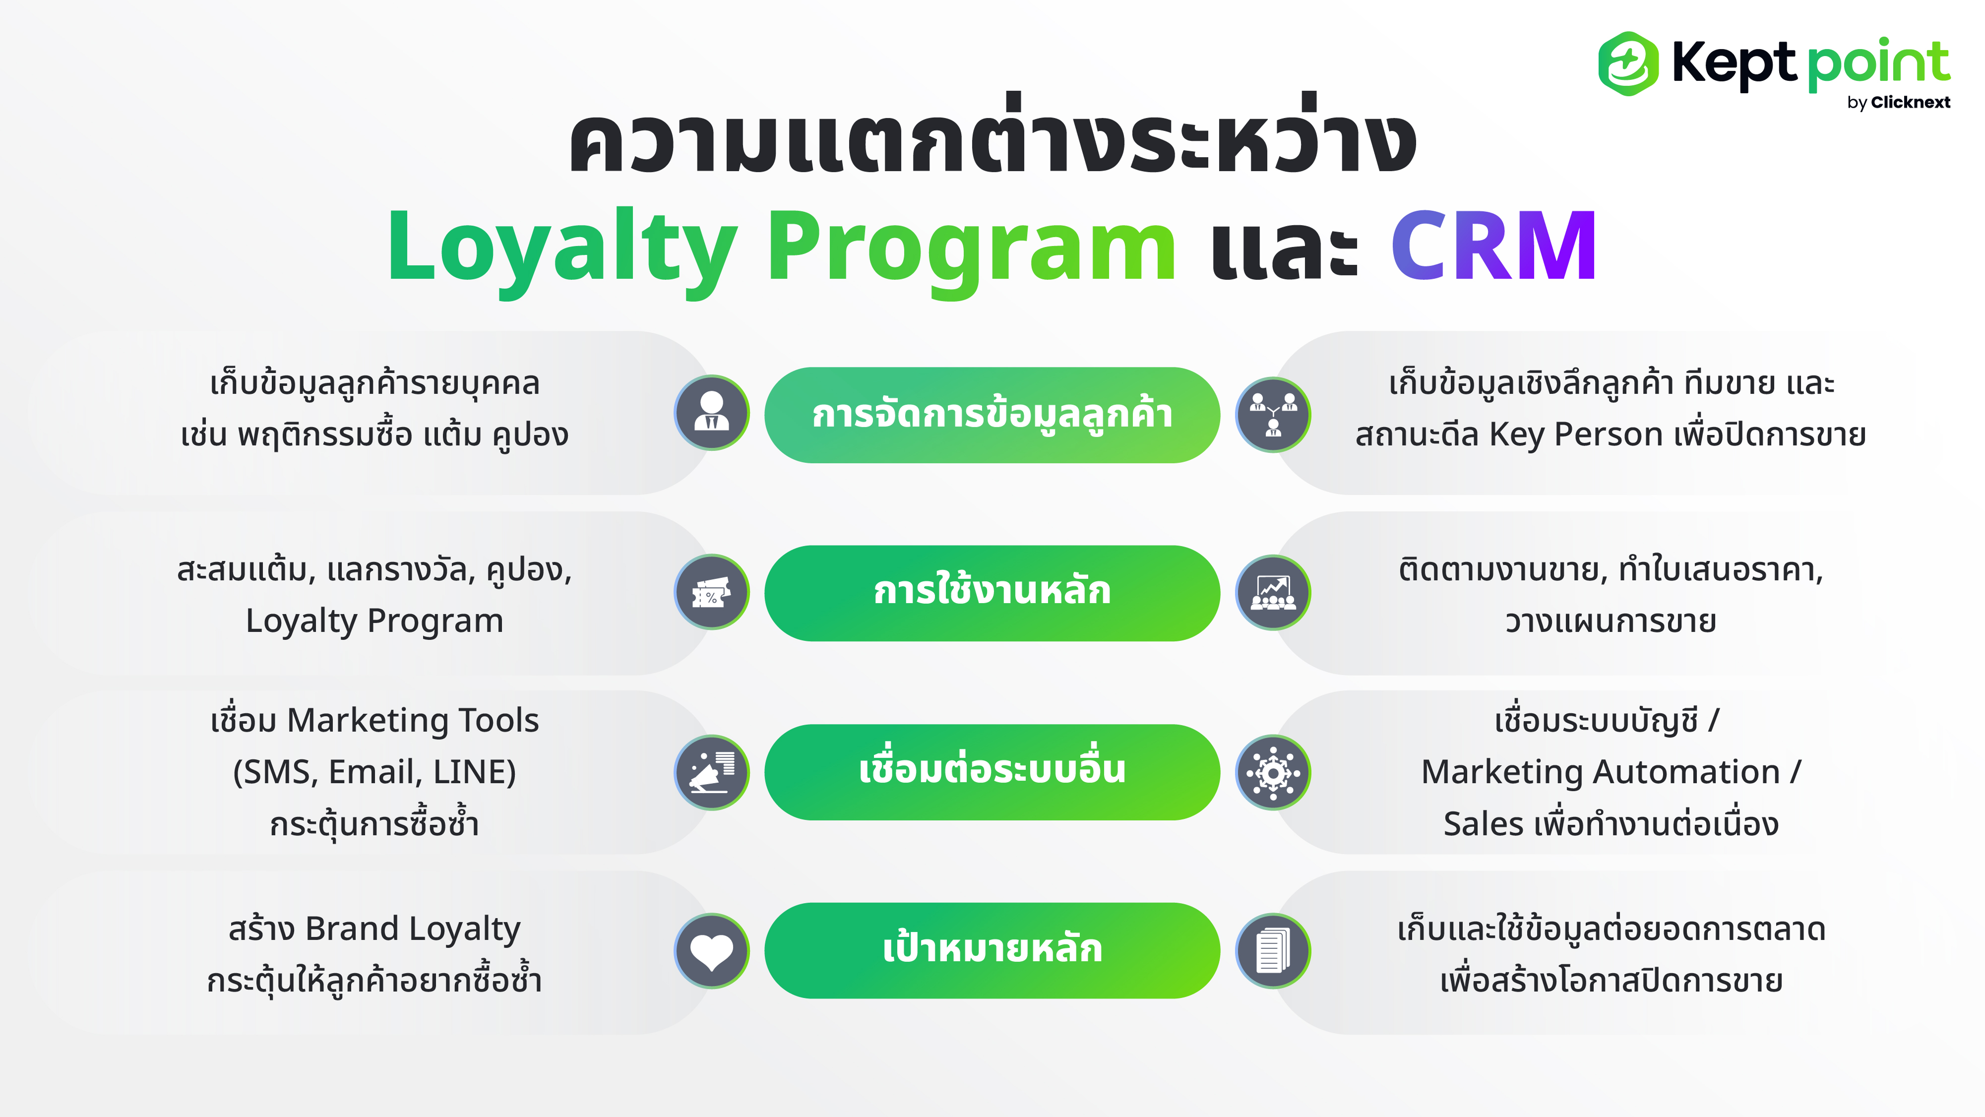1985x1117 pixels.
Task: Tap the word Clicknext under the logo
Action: [x=1910, y=103]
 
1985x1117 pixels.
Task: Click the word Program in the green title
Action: [x=972, y=251]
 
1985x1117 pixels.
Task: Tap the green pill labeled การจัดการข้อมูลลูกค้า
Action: [x=992, y=415]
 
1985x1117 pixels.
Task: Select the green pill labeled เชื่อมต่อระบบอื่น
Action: [x=992, y=771]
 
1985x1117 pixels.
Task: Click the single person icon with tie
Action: [x=711, y=412]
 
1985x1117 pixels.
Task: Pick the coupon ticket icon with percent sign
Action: [x=711, y=592]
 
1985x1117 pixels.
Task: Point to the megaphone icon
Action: [x=711, y=772]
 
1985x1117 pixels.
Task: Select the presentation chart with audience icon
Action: [x=1273, y=592]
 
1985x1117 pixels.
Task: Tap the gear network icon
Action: [x=1273, y=772]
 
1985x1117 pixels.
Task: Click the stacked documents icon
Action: [x=1273, y=951]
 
